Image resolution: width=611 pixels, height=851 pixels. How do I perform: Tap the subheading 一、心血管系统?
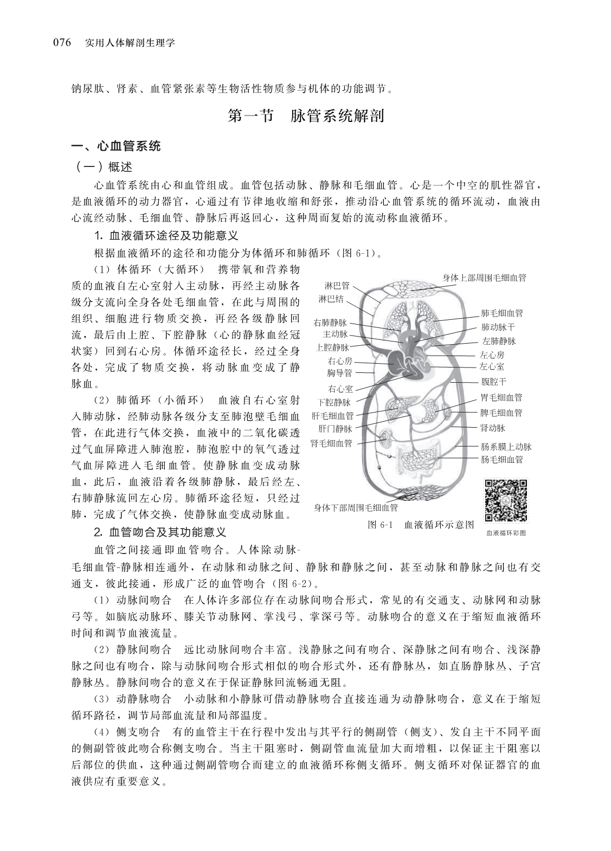[117, 146]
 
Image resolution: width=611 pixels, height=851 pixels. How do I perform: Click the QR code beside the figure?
[505, 501]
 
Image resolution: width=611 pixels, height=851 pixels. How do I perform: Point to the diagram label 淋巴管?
[337, 286]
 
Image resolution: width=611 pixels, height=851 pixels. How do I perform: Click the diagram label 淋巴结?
[331, 299]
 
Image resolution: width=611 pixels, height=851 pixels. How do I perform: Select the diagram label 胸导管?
[339, 373]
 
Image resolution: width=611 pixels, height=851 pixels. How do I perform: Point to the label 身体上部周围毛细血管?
[484, 278]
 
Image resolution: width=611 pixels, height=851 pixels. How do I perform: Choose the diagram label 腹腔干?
[493, 382]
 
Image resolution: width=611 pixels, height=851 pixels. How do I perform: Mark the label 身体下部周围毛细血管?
[356, 508]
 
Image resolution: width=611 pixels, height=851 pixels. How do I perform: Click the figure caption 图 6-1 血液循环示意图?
[421, 524]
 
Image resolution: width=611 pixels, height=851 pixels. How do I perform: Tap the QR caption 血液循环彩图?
[505, 533]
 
